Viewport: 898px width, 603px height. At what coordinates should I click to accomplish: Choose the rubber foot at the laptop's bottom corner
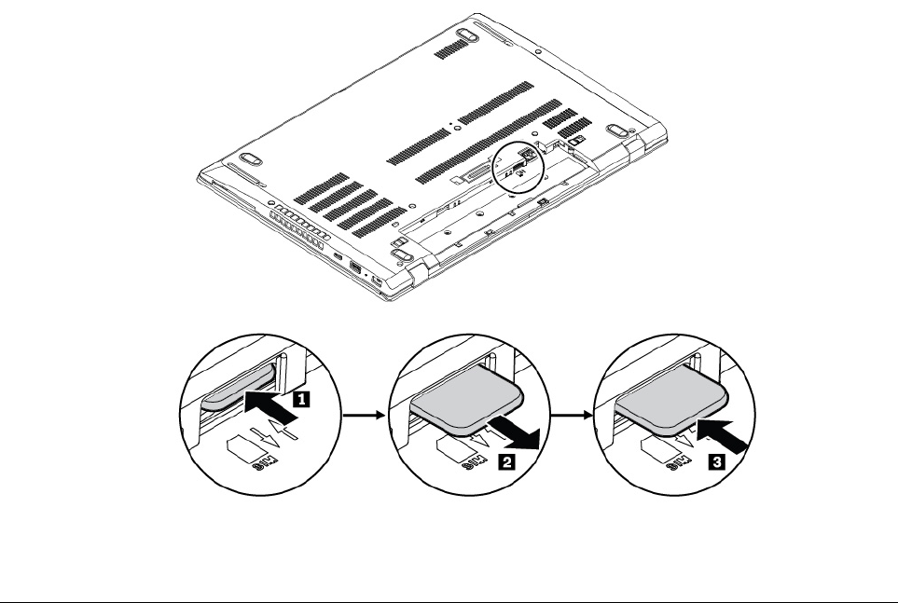[398, 249]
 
